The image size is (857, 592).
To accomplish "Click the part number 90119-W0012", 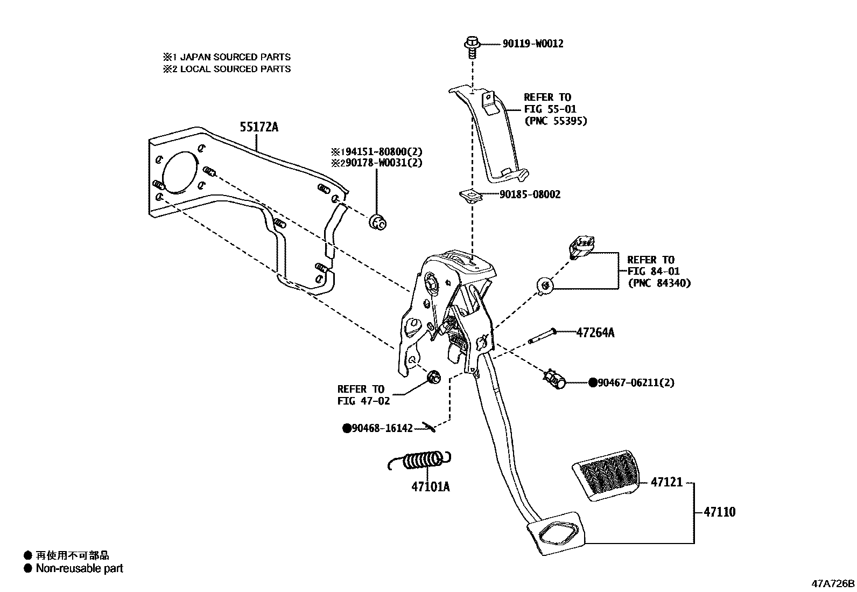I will [532, 44].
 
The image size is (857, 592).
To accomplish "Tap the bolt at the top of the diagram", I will [472, 46].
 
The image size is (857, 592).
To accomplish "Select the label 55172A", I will [259, 127].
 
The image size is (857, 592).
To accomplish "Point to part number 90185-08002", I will [530, 194].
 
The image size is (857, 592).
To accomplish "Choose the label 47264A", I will [595, 332].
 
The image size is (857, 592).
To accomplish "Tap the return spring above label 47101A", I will [419, 461].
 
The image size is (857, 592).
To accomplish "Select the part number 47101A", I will [430, 487].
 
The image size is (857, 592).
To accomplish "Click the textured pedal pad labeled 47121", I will [606, 475].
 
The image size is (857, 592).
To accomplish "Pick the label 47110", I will [719, 512].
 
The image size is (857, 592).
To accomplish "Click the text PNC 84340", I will [659, 283].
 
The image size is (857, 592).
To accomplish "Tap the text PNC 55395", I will [556, 121].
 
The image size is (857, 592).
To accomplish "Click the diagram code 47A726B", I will [833, 583].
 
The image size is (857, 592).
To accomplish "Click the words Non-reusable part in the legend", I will [79, 568].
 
